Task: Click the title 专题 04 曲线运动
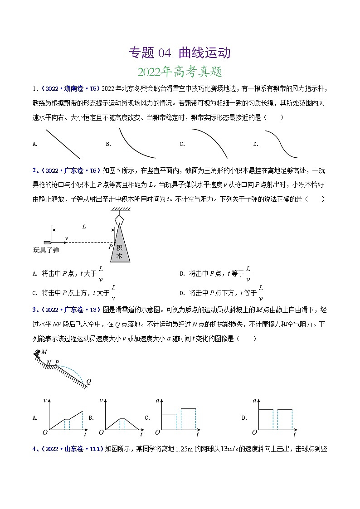(x=180, y=53)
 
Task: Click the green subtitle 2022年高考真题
(x=180, y=72)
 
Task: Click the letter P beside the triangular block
(x=110, y=247)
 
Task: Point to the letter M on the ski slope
(x=44, y=352)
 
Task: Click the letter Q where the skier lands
(x=88, y=381)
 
